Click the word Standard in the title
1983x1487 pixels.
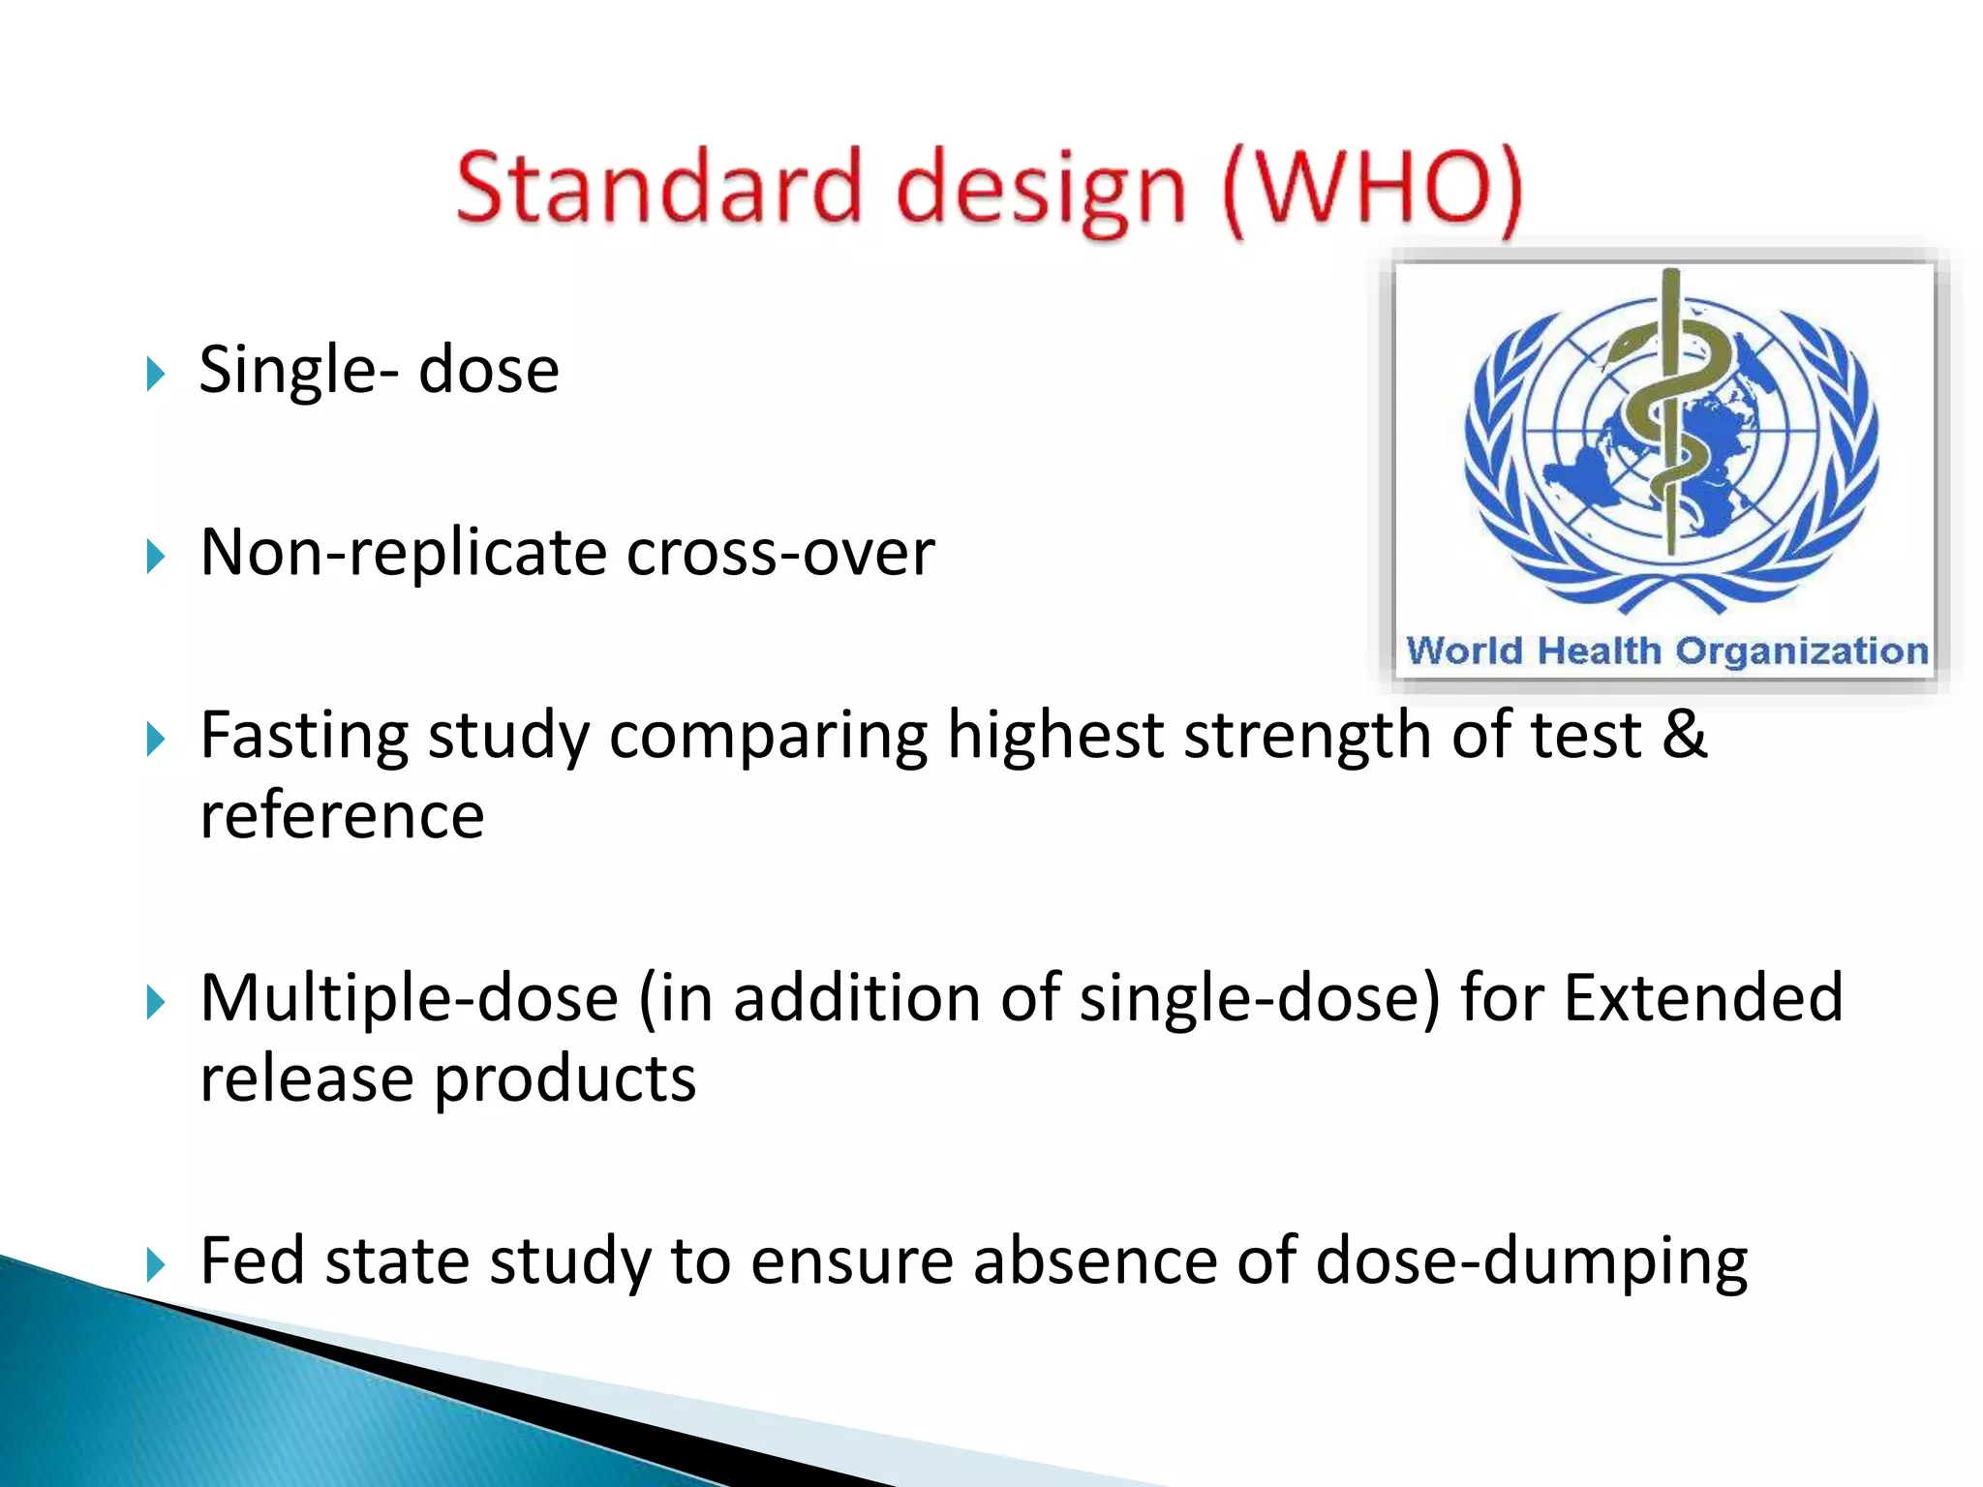click(656, 186)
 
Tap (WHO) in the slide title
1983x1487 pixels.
click(1373, 189)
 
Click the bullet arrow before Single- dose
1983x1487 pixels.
click(156, 373)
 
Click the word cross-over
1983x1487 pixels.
click(780, 553)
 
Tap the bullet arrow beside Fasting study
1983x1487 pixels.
click(156, 741)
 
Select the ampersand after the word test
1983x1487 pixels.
click(1685, 734)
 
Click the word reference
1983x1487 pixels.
click(342, 815)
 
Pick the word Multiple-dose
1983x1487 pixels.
click(409, 999)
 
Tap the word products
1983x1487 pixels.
click(564, 1079)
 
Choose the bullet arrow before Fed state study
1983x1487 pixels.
click(156, 1264)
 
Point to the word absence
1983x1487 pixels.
click(1094, 1261)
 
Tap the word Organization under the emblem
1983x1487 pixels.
click(1802, 652)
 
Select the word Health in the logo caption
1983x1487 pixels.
click(1600, 651)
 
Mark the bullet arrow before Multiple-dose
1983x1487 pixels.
click(156, 1003)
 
